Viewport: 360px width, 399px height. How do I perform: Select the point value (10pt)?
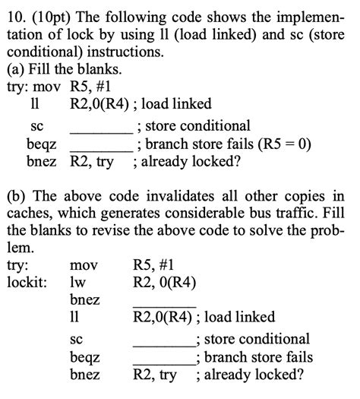pos(51,13)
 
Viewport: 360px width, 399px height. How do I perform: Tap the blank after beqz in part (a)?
pos(100,145)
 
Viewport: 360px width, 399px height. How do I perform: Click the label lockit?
pos(27,282)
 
